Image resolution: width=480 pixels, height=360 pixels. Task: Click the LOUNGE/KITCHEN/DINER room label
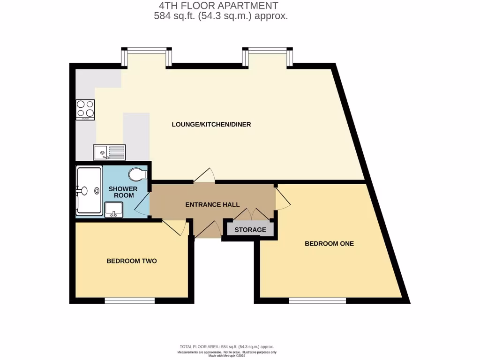(x=211, y=124)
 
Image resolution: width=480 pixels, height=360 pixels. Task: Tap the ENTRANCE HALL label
(x=212, y=204)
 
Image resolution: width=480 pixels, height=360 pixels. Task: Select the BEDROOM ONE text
(x=329, y=243)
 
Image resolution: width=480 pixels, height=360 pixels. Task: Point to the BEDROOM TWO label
(x=131, y=261)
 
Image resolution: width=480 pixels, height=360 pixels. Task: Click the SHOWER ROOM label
(x=123, y=192)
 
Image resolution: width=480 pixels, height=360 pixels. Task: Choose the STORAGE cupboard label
(x=250, y=230)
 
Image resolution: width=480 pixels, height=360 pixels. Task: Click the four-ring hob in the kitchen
(x=85, y=110)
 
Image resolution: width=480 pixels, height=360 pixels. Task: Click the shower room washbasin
(x=113, y=210)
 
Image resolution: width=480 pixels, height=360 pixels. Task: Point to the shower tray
(x=89, y=190)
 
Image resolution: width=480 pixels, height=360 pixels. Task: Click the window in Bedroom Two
(x=129, y=301)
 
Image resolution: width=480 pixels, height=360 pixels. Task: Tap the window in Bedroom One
(x=317, y=301)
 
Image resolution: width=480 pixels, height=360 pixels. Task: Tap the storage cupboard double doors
(x=252, y=214)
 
